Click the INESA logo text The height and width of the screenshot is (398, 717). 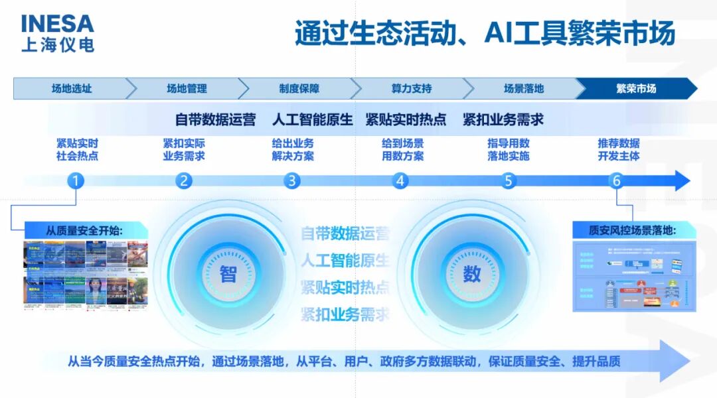pyautogui.click(x=57, y=23)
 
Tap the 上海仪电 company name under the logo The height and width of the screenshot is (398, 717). pyautogui.click(x=57, y=44)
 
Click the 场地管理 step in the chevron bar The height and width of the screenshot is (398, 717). pyautogui.click(x=187, y=88)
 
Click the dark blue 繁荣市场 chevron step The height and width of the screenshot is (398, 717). pyautogui.click(x=635, y=88)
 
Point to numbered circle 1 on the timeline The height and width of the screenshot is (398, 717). pyautogui.click(x=76, y=180)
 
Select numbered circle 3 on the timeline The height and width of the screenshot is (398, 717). pyautogui.click(x=292, y=180)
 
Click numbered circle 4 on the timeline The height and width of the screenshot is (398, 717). pyautogui.click(x=400, y=180)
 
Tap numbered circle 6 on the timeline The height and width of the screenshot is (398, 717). pyautogui.click(x=616, y=180)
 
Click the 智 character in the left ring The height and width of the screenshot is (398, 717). pyautogui.click(x=228, y=273)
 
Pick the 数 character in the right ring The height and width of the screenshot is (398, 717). pyautogui.click(x=471, y=273)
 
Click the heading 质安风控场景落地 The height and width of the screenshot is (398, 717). pyautogui.click(x=632, y=230)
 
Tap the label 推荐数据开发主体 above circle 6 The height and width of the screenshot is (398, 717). pyautogui.click(x=618, y=150)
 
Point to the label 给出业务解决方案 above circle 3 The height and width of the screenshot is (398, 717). pyautogui.click(x=293, y=150)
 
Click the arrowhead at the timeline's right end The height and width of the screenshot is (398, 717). pyautogui.click(x=682, y=180)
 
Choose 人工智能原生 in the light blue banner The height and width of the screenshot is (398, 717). pyautogui.click(x=312, y=120)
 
